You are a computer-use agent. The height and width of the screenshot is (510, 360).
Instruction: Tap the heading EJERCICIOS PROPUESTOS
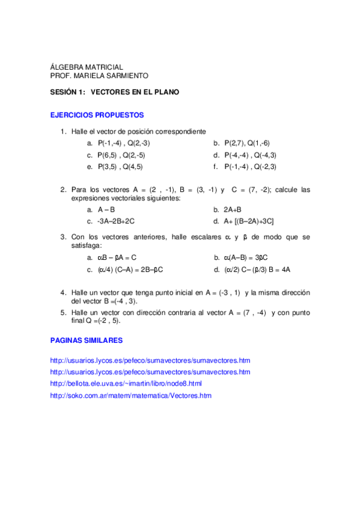[96, 114]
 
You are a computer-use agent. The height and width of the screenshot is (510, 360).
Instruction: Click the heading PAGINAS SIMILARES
[86, 340]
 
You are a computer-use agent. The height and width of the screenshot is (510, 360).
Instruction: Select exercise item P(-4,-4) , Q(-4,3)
[250, 155]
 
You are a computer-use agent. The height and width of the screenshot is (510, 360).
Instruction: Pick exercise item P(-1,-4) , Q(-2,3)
[250, 167]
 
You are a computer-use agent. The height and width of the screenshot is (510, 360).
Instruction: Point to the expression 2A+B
[232, 209]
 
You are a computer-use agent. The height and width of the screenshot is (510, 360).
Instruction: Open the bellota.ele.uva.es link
[126, 383]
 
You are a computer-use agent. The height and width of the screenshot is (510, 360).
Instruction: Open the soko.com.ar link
[131, 395]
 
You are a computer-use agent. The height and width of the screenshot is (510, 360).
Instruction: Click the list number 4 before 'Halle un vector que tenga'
[63, 292]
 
